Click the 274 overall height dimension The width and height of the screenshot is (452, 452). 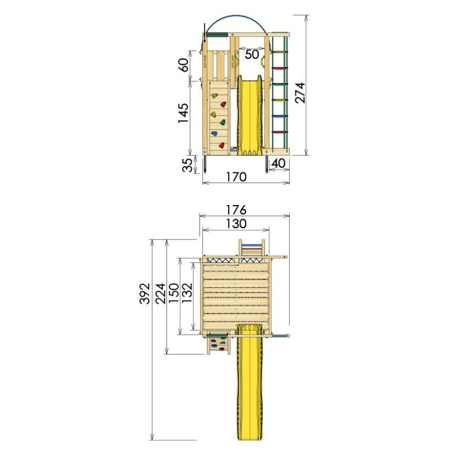click(300, 93)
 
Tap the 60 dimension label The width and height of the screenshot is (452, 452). click(184, 65)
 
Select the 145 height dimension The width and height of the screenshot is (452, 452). click(183, 113)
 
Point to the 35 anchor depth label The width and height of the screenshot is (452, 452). click(188, 165)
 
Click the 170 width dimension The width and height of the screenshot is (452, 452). click(236, 177)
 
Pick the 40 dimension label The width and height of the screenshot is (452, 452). click(279, 163)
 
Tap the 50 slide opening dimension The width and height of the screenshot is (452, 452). click(251, 54)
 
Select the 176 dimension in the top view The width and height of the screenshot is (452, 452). click(236, 210)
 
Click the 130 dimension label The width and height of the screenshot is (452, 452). click(236, 224)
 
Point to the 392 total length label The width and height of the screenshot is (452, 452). click(145, 293)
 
